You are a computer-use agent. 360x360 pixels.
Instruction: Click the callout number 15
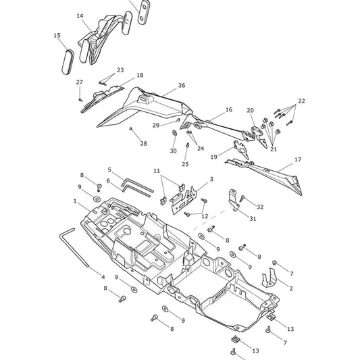click(x=57, y=36)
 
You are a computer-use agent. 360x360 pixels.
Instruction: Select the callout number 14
click(x=80, y=16)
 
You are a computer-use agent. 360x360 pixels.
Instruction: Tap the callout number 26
click(x=182, y=85)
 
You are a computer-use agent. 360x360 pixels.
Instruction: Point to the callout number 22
click(x=302, y=101)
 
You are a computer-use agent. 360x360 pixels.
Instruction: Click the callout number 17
click(x=298, y=159)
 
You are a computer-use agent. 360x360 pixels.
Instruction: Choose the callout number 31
click(x=253, y=219)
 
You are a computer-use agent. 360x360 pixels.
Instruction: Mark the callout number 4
click(x=103, y=277)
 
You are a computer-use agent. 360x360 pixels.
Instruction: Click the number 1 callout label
click(x=75, y=201)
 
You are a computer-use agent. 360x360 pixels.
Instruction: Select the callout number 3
click(x=211, y=179)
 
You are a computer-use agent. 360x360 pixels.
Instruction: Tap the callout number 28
click(x=143, y=144)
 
